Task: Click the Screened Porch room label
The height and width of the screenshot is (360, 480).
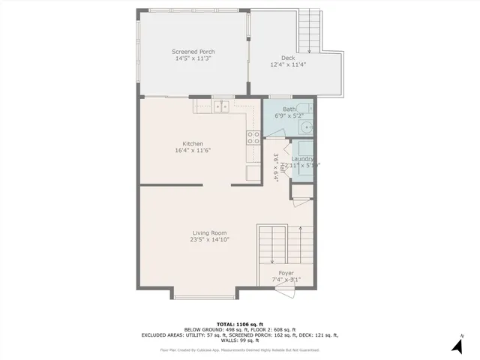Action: tap(193, 52)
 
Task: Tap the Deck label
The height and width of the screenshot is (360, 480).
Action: tap(288, 58)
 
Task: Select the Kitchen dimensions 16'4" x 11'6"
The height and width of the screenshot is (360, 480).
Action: tap(193, 151)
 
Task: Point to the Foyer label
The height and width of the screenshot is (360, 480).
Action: tap(286, 273)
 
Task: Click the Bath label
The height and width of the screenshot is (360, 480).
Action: tap(289, 109)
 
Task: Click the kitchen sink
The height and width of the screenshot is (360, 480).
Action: tap(221, 107)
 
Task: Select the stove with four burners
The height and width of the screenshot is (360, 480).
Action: tap(253, 137)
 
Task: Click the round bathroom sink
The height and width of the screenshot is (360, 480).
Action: tap(306, 127)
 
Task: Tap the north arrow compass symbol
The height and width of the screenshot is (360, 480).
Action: tap(456, 344)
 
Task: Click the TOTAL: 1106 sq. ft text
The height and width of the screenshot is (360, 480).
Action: tap(240, 322)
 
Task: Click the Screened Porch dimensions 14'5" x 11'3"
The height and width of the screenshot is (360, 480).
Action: tap(193, 58)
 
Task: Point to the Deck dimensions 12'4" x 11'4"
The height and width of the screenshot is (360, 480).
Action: tap(288, 64)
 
